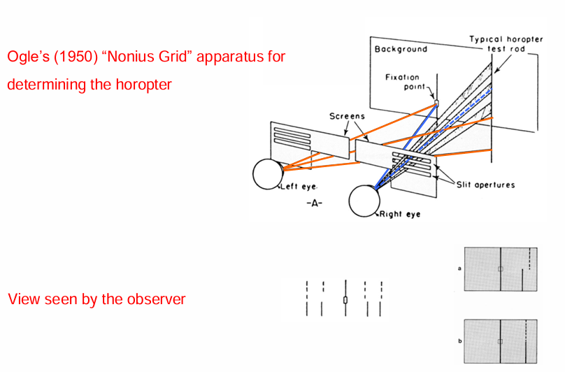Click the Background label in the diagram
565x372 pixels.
point(401,50)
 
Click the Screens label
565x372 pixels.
point(347,116)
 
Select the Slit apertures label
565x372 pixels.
point(485,185)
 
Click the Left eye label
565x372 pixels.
point(299,187)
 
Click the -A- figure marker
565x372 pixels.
point(314,203)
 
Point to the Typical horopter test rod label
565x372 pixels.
point(506,44)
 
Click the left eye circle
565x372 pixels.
point(267,174)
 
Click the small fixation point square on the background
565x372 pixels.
point(436,103)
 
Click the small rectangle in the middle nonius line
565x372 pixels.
point(345,300)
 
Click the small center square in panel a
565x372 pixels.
point(500,269)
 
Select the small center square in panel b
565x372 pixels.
point(500,341)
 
